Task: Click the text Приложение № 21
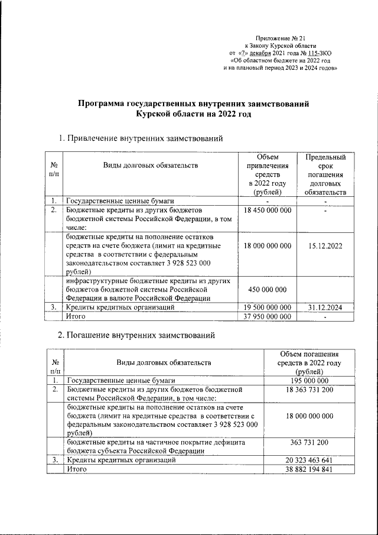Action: coord(281,37)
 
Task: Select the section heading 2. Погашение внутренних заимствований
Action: coord(139,335)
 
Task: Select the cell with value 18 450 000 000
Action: coord(268,210)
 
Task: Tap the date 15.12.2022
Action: coord(325,245)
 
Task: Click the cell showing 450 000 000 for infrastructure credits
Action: coord(268,289)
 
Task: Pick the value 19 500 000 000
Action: coord(268,307)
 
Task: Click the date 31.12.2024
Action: coord(325,307)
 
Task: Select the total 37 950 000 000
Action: coord(268,316)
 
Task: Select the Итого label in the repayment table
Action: coord(77,469)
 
